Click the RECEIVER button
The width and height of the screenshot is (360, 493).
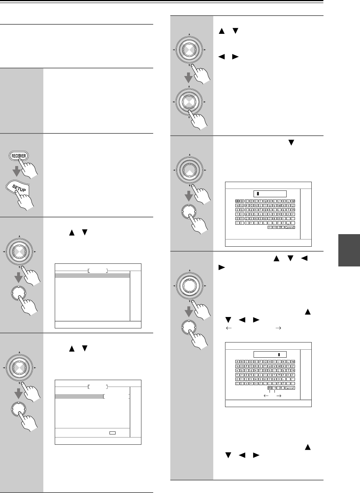[x=19, y=157]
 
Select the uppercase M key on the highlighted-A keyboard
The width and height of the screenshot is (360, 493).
[x=293, y=201]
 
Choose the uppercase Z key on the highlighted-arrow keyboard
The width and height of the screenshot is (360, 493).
[x=293, y=367]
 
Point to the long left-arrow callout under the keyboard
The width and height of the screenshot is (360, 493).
[x=266, y=395]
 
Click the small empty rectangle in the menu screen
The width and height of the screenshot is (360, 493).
[x=112, y=433]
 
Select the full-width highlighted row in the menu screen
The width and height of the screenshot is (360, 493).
[x=93, y=276]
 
